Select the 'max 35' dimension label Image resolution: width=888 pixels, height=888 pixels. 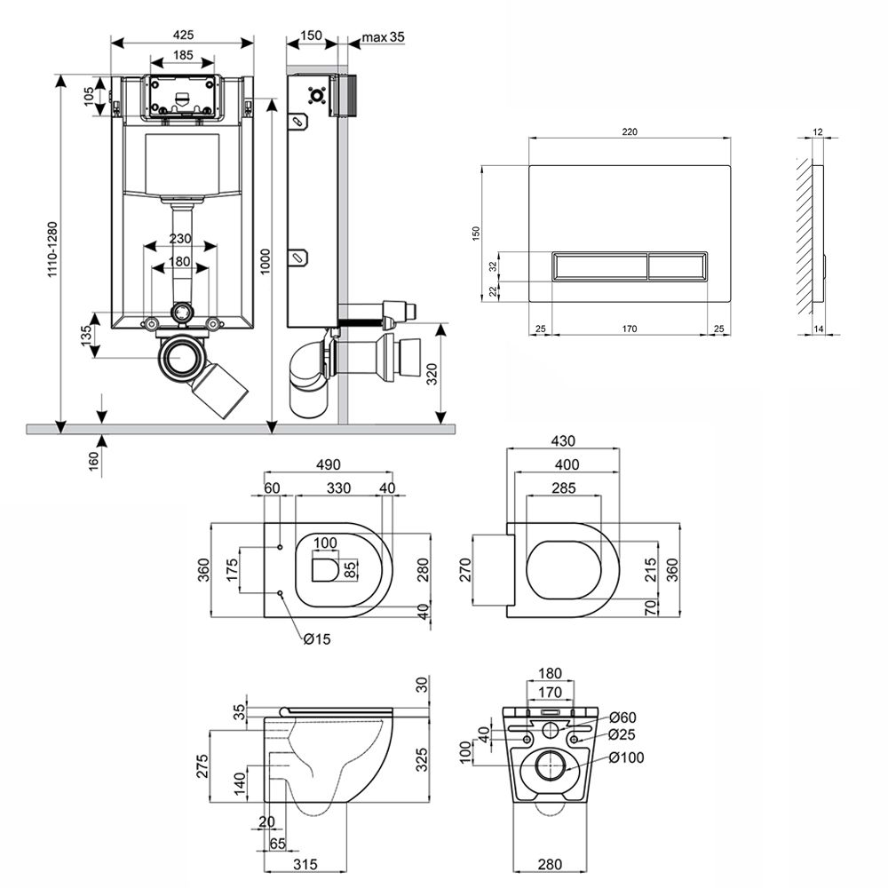[384, 36]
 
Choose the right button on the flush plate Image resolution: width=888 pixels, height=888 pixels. [678, 265]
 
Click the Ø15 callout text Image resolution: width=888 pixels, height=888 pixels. [314, 639]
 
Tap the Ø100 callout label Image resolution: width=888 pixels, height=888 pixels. [627, 757]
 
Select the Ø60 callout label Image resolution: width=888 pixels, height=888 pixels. [623, 718]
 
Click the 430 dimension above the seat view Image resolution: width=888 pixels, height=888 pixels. [562, 440]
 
